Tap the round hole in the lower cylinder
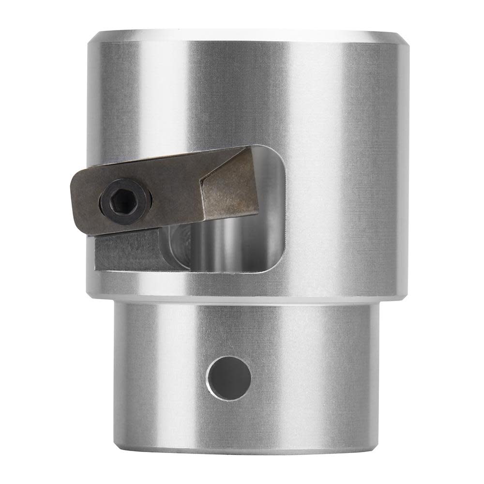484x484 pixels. click(x=229, y=378)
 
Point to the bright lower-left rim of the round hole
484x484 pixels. click(x=213, y=390)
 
